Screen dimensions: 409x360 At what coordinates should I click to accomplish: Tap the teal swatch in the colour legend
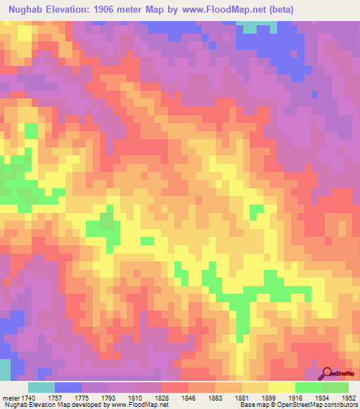[41, 387]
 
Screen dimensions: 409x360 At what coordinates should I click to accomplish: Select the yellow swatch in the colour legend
[281, 387]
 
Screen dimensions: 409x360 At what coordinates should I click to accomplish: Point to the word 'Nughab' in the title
[26, 10]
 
